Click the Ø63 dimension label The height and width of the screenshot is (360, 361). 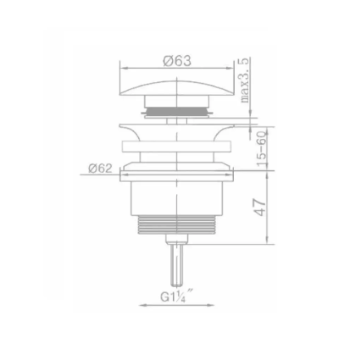point(177,61)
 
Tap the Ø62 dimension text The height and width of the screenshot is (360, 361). point(101,169)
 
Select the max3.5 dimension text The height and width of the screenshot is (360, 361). point(246,81)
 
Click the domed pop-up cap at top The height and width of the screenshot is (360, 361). point(176,87)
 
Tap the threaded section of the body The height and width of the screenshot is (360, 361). point(176,227)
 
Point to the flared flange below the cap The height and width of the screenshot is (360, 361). point(176,132)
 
